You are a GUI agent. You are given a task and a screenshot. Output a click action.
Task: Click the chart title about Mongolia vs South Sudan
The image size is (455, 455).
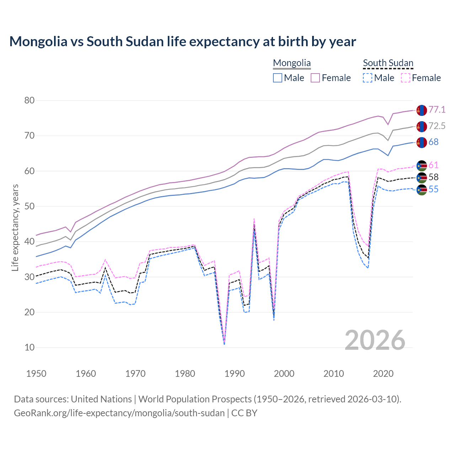[182, 42]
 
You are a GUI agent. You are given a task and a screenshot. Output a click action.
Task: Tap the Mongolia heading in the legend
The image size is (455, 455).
[292, 63]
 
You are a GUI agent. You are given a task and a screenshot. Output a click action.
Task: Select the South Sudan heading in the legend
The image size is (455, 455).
[388, 63]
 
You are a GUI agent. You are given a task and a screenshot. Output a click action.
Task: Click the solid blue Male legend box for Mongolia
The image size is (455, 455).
[278, 78]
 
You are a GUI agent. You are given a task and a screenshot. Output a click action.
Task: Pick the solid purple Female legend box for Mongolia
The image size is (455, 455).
[315, 78]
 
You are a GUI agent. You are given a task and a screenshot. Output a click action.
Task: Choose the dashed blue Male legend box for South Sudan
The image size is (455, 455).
[368, 78]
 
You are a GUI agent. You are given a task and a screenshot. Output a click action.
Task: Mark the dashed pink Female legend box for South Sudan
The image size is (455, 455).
[406, 78]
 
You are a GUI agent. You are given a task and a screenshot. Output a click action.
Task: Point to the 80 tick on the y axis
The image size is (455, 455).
[30, 101]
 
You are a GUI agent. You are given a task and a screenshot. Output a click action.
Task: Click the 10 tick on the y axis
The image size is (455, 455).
[30, 348]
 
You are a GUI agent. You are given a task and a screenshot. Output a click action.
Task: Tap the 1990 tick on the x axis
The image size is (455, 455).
[235, 374]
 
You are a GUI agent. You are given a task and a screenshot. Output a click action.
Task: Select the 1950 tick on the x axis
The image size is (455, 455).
[37, 374]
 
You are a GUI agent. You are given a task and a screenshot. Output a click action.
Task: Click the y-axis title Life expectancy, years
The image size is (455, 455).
[15, 227]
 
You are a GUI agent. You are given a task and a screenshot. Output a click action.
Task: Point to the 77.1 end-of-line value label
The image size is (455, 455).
[437, 110]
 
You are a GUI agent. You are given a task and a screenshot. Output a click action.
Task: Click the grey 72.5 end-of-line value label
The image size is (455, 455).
[437, 126]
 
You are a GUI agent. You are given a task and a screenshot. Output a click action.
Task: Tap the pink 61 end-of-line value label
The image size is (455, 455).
[433, 165]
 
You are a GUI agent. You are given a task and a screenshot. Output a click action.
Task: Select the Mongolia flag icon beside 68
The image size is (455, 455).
[422, 142]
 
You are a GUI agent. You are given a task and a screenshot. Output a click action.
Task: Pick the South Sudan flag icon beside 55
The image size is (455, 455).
[422, 190]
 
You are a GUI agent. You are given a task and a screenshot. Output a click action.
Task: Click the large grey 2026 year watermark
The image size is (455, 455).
[375, 341]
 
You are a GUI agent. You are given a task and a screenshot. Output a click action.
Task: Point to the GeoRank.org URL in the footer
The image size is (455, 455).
[119, 413]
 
